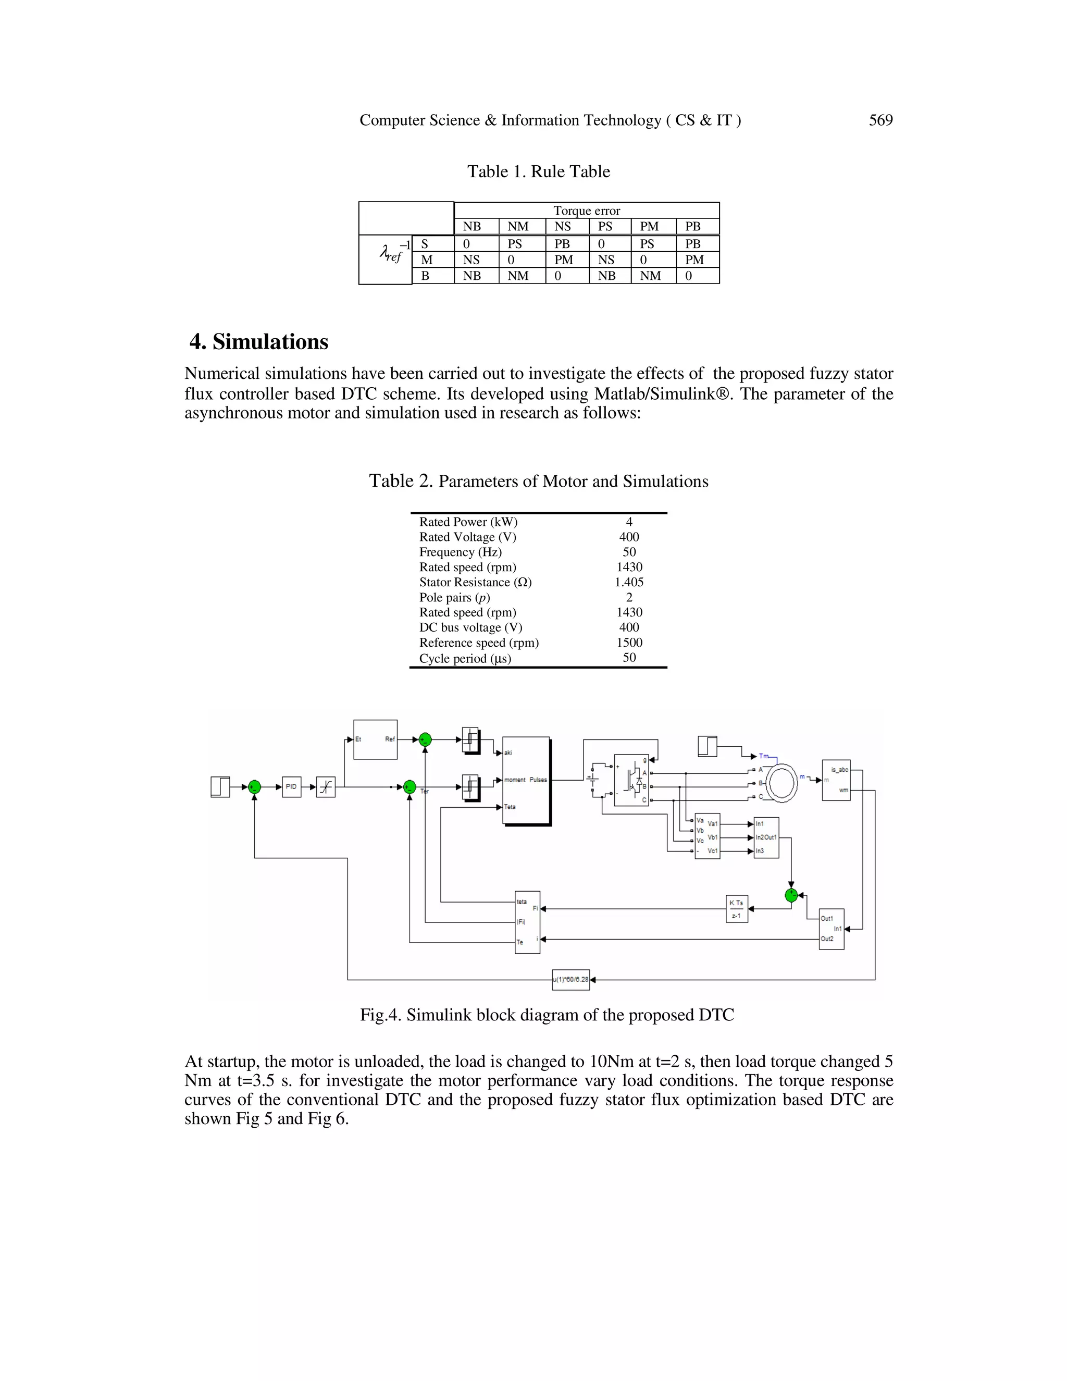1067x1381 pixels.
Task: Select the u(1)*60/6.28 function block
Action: pyautogui.click(x=571, y=980)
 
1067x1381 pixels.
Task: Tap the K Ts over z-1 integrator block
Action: pyautogui.click(x=736, y=909)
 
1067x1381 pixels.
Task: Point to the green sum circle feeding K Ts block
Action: pyautogui.click(x=791, y=895)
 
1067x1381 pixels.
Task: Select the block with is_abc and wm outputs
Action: pyautogui.click(x=836, y=780)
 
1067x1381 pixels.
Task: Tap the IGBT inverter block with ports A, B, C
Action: pyautogui.click(x=631, y=780)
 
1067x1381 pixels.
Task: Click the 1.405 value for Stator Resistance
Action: pyautogui.click(x=629, y=583)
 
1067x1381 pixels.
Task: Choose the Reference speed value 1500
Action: pyautogui.click(x=629, y=643)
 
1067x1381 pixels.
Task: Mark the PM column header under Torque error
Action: pyautogui.click(x=649, y=226)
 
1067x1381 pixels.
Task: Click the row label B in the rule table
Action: pyautogui.click(x=426, y=276)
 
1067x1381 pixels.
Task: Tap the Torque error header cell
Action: pyautogui.click(x=587, y=211)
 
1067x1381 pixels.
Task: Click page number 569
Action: pyautogui.click(x=880, y=120)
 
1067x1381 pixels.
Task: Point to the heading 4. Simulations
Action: pyautogui.click(x=259, y=341)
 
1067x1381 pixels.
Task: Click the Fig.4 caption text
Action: pyautogui.click(x=547, y=1015)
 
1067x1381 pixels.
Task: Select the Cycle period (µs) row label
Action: pyautogui.click(x=465, y=658)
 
